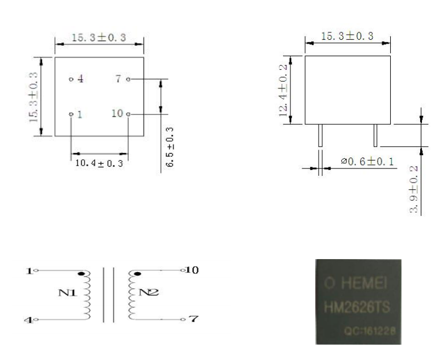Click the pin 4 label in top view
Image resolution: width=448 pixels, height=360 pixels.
coord(81,80)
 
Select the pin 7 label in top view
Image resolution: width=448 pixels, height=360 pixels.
coord(119,79)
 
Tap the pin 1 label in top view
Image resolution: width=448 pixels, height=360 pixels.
coord(80,115)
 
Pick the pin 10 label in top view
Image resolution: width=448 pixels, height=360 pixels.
coord(117,114)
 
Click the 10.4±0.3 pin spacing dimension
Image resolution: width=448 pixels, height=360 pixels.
coord(100,163)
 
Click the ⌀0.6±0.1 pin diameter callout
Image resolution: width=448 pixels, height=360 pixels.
coord(366,163)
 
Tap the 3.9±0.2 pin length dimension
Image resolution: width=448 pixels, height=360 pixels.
coord(414,190)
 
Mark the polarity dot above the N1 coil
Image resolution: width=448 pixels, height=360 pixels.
coord(83,275)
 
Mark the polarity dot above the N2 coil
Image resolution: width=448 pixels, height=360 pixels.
coord(137,275)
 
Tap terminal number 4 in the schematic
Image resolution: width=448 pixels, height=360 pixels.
coord(27,321)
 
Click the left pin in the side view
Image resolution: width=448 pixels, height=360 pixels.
coord(320,137)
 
